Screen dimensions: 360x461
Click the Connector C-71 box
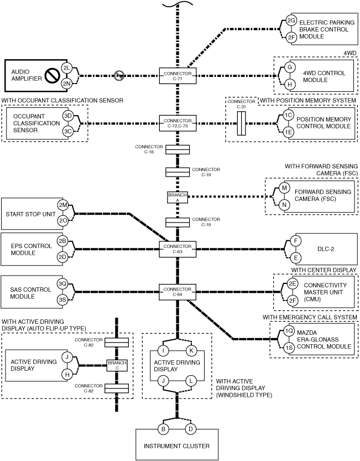178,76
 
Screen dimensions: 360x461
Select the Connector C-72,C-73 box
178,123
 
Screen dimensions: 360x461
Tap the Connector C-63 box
178,249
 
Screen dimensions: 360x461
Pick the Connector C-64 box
178,292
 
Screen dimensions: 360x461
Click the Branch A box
178,198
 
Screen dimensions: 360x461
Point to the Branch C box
117,365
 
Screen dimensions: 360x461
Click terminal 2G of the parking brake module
291,20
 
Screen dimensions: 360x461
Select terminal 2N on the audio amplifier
66,84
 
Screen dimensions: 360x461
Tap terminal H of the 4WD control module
289,84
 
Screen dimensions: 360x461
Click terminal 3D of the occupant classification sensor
68,116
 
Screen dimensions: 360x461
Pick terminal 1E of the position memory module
289,132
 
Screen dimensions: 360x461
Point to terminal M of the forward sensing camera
284,188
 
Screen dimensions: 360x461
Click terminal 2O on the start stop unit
63,221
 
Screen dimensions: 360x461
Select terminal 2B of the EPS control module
62,241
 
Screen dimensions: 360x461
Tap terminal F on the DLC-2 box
296,241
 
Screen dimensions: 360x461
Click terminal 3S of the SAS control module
62,300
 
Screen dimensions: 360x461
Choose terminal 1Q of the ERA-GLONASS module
289,331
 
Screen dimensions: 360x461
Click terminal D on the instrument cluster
190,429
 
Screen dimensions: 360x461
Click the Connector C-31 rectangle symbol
241,123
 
